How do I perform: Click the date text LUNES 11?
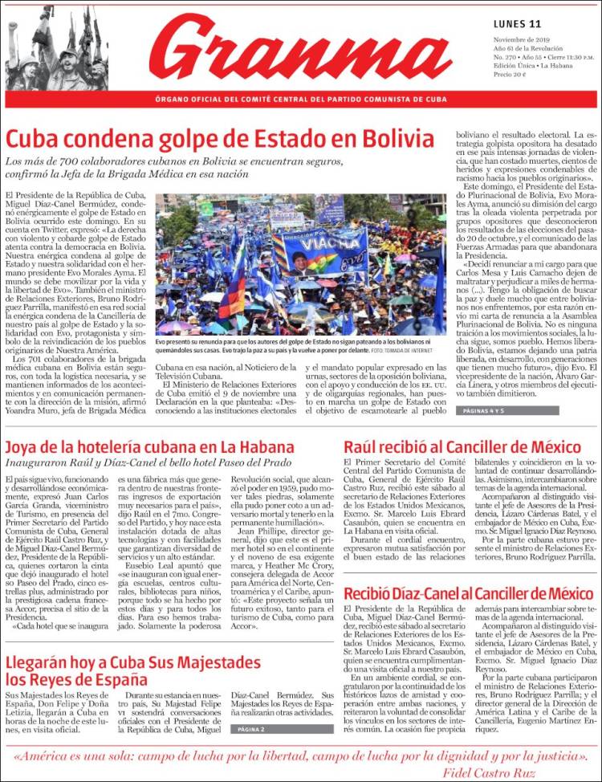(x=518, y=24)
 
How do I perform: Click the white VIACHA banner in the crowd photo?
(x=338, y=240)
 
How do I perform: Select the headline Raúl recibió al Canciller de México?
(x=462, y=447)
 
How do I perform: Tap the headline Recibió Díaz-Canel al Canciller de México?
(x=468, y=595)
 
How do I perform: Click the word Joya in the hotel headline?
(x=26, y=447)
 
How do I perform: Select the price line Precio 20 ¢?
(x=510, y=75)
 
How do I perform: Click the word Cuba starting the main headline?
(x=36, y=138)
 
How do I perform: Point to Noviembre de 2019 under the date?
(x=521, y=39)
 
